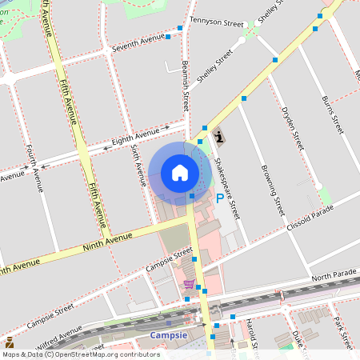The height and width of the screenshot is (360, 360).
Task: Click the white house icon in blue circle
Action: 180,172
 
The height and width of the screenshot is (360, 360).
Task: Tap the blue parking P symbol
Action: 220,198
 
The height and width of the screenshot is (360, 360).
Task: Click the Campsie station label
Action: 169,335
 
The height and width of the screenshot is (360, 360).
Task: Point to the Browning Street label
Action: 273,190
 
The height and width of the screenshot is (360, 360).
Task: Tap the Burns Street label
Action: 332,114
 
